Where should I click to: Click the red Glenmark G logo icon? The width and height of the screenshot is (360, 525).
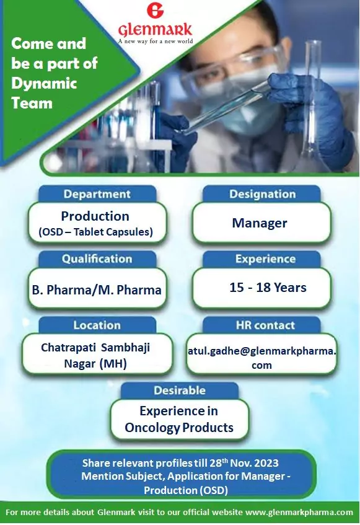point(154,12)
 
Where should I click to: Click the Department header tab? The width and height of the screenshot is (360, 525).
point(97,194)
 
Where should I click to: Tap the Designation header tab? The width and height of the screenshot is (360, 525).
point(262,194)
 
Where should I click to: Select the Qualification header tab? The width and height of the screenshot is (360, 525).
point(97,259)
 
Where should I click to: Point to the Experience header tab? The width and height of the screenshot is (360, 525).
point(265,259)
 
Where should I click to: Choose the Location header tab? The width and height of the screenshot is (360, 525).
point(97,325)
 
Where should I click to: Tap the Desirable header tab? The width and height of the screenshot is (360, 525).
point(179,390)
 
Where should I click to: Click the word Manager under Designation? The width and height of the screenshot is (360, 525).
point(260,223)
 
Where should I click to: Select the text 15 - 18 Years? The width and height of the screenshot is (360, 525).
point(268,287)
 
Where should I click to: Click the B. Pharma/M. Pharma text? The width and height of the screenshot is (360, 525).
point(97,289)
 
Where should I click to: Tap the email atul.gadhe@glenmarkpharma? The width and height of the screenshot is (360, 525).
point(262,350)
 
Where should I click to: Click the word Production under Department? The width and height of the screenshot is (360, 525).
point(95,216)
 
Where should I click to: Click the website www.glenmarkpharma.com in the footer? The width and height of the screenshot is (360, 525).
point(299,513)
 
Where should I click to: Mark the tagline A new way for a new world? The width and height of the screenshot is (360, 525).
point(155,41)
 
